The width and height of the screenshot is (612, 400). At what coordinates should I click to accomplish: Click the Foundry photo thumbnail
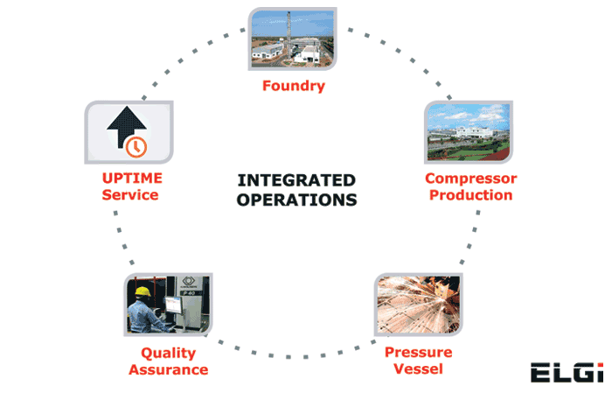[293, 40]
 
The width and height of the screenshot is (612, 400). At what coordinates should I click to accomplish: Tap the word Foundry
[293, 86]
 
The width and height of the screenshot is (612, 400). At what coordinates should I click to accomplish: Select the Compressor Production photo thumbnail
[468, 132]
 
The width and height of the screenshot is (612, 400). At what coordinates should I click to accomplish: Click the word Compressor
[470, 179]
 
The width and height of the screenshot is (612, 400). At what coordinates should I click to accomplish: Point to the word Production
[470, 194]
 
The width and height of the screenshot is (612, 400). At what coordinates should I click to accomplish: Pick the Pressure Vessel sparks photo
[418, 305]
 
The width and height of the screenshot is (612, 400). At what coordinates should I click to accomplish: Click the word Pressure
[418, 353]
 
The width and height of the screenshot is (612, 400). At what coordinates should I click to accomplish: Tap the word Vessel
[418, 368]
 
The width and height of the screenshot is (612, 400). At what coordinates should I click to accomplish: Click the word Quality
[168, 354]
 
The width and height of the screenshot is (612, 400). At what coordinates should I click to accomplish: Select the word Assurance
[168, 369]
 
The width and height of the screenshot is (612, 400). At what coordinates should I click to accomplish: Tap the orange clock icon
[136, 146]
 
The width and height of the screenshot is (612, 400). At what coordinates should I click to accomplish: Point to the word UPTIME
[130, 179]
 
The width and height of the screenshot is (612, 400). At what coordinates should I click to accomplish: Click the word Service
[130, 194]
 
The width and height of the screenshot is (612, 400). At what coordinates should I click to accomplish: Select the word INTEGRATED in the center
[296, 181]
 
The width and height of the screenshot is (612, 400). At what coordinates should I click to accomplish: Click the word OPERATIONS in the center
[296, 200]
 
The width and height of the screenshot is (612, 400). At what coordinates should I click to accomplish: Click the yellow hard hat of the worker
[143, 291]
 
